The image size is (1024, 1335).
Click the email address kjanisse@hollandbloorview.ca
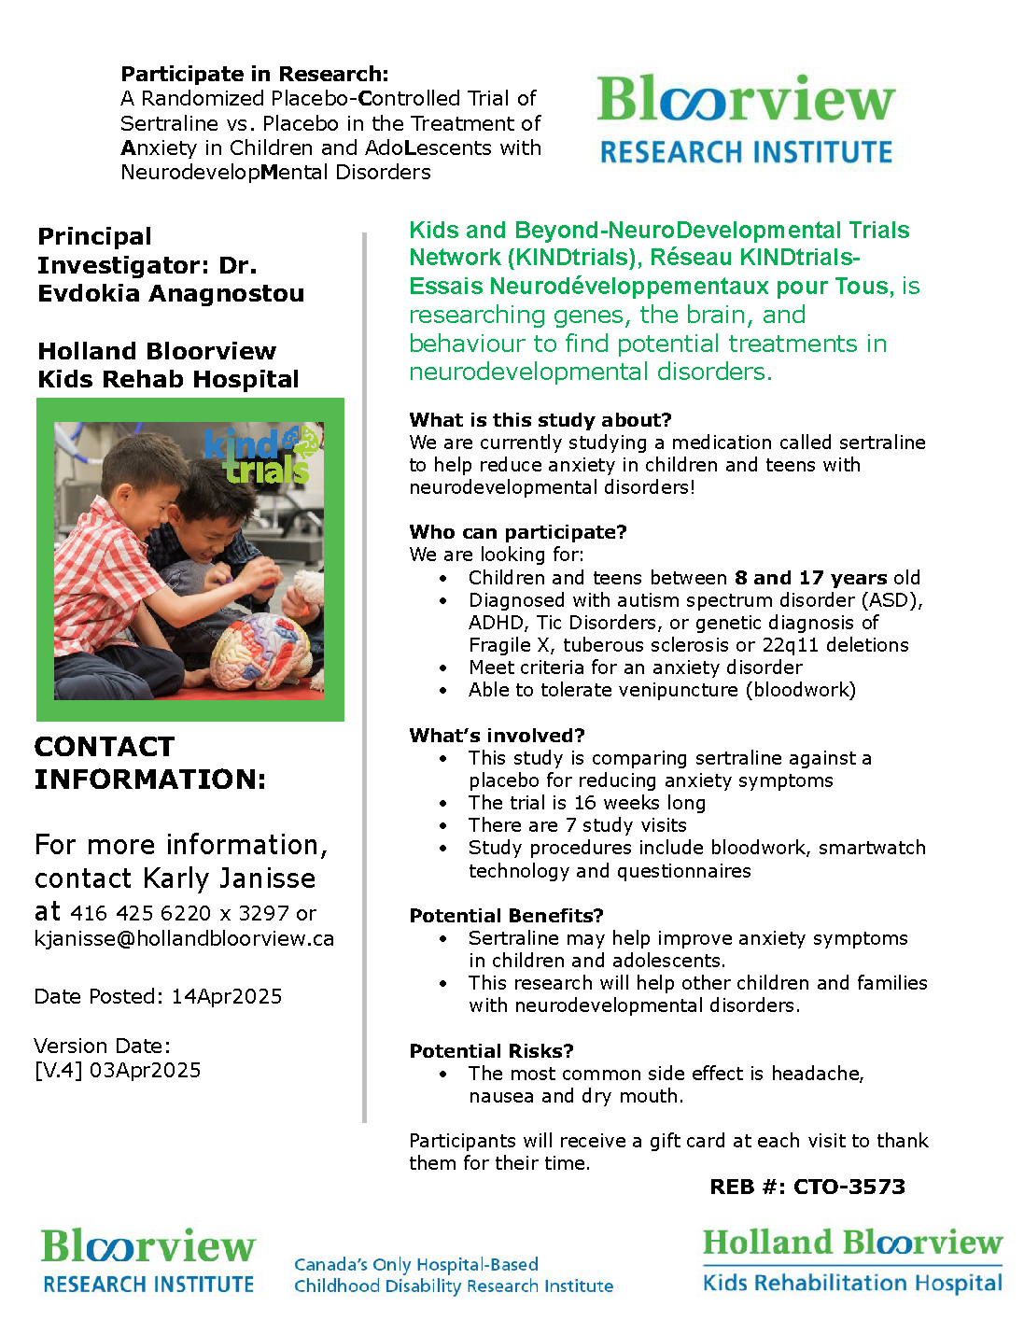click(x=184, y=939)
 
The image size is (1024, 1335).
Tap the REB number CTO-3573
click(x=849, y=1187)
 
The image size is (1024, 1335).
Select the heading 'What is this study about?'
click(x=540, y=420)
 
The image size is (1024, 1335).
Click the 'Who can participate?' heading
click(x=517, y=532)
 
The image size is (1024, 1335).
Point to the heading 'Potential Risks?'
click(x=491, y=1051)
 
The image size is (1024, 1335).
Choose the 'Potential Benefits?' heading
click(x=506, y=916)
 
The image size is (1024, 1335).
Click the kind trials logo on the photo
click(x=262, y=456)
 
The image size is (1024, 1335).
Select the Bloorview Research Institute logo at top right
click(x=746, y=119)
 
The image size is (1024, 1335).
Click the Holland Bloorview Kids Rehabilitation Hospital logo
click(x=852, y=1260)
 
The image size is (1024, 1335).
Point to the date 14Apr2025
click(x=226, y=997)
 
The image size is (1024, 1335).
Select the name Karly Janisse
click(x=229, y=879)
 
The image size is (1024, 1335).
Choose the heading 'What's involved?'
click(x=497, y=736)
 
